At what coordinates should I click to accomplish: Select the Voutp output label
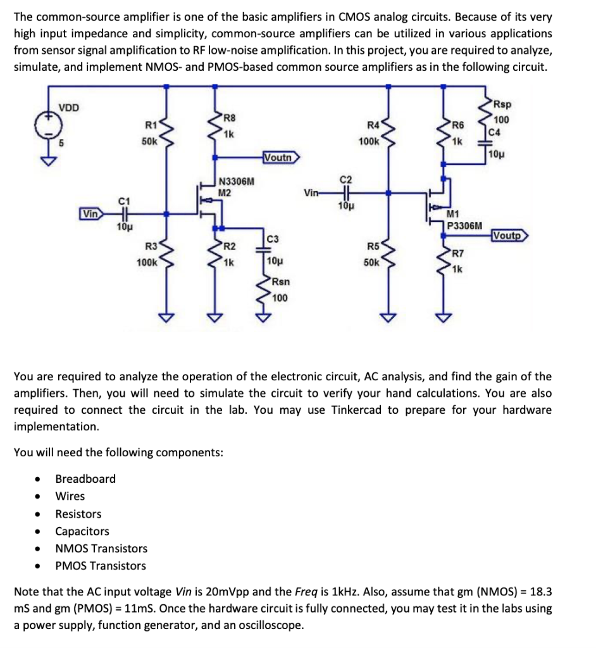point(509,236)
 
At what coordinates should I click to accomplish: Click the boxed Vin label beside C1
point(90,214)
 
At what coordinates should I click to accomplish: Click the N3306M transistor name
point(236,183)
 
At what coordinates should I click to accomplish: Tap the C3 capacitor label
point(273,239)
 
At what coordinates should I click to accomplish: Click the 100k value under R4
point(369,142)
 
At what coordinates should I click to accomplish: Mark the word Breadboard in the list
point(85,479)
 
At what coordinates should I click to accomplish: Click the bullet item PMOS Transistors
point(101,566)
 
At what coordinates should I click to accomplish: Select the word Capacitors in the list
point(82,532)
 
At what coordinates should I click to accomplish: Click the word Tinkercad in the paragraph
point(356,410)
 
